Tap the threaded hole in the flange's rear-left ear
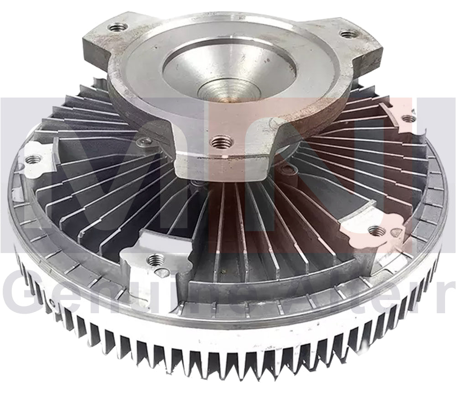pyautogui.click(x=117, y=27)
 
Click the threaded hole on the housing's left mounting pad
pyautogui.click(x=33, y=160)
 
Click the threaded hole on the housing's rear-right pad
pyautogui.click(x=409, y=118)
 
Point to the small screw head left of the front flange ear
pyautogui.click(x=146, y=143)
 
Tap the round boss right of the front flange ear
pyautogui.click(x=286, y=171)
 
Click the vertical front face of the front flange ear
pyautogui.click(x=219, y=164)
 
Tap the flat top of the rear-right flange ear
pyautogui.click(x=360, y=41)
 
